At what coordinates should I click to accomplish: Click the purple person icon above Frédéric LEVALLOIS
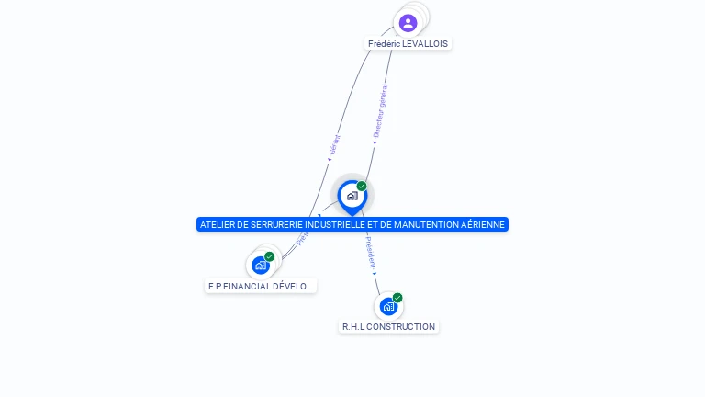coord(408,23)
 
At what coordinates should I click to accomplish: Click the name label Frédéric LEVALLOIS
coord(408,43)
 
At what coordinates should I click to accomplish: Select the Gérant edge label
coord(334,145)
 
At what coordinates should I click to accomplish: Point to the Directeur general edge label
coord(380,111)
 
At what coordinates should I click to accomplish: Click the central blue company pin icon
coord(352,196)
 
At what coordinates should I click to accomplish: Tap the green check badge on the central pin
coord(362,186)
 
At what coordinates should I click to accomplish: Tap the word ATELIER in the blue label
coord(218,224)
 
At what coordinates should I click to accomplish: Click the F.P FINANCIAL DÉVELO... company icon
coord(261,266)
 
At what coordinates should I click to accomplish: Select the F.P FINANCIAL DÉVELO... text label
coord(261,286)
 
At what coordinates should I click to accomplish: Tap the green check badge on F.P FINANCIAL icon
coord(270,256)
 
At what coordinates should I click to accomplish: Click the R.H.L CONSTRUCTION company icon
coord(388,306)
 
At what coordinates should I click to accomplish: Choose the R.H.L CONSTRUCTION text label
coord(388,326)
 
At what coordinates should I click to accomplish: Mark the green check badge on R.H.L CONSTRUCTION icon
coord(397,297)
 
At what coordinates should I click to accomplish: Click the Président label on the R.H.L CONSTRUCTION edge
coord(370,255)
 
